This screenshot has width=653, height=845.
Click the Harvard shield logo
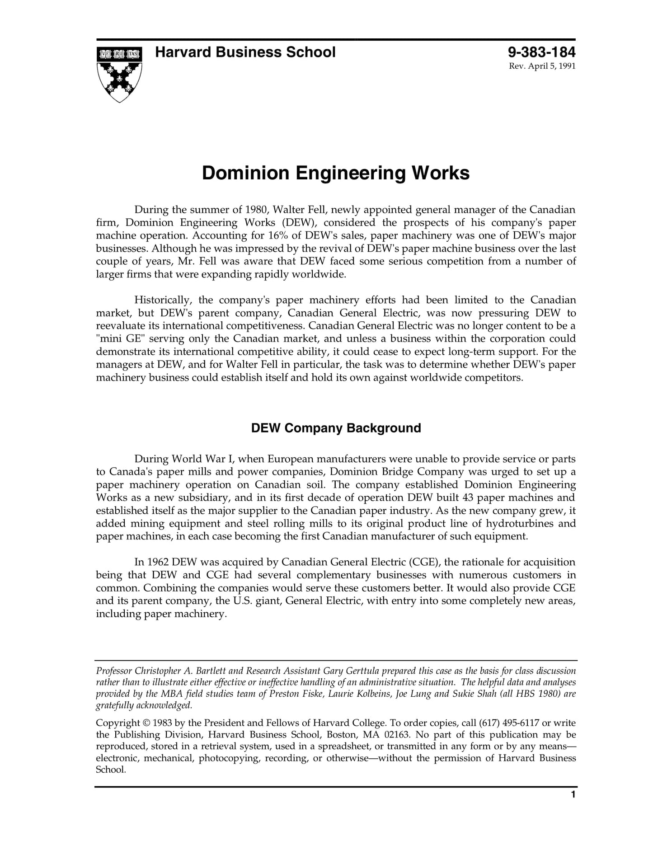pyautogui.click(x=119, y=74)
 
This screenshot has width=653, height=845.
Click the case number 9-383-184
pyautogui.click(x=541, y=52)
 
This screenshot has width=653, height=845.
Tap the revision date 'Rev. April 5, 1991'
pyautogui.click(x=542, y=66)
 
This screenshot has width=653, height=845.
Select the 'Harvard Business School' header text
pyautogui.click(x=245, y=52)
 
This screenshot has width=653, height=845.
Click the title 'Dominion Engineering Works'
pyautogui.click(x=335, y=174)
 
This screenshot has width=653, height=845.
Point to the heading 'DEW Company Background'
pyautogui.click(x=336, y=428)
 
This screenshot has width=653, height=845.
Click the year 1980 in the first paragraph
pyautogui.click(x=257, y=210)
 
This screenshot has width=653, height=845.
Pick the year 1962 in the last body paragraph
pyautogui.click(x=158, y=562)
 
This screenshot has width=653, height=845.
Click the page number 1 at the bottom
pyautogui.click(x=573, y=794)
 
